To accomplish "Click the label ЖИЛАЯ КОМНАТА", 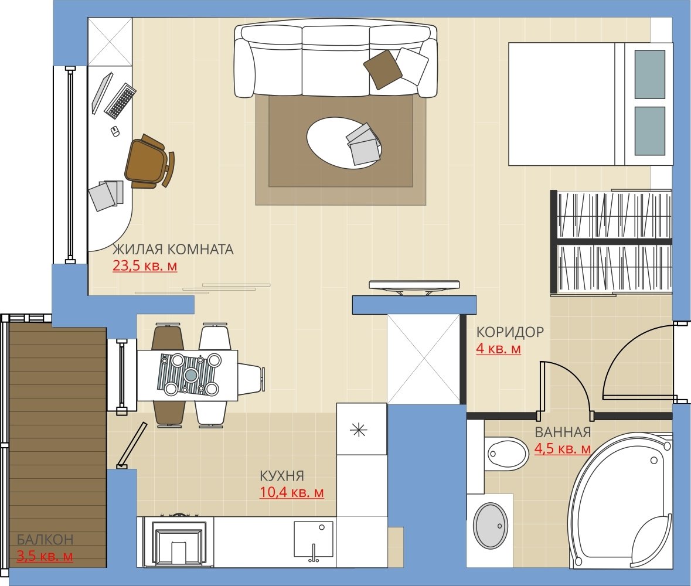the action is coord(173,250).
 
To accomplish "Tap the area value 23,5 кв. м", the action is coord(145,266).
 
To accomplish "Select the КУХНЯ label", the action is coord(281,476).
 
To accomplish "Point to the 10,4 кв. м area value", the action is coord(292,492).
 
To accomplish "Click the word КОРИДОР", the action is coord(510,332).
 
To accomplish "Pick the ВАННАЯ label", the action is coord(563,432).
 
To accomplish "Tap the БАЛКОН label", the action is coord(45,539).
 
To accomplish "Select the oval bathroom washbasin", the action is coord(490,526).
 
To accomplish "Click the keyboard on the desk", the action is coord(120,101).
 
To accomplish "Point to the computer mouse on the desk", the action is coord(115,131).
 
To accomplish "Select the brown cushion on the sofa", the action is coord(383,69).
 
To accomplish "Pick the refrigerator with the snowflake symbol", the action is coord(362,429).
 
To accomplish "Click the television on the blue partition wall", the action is coord(414,287).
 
